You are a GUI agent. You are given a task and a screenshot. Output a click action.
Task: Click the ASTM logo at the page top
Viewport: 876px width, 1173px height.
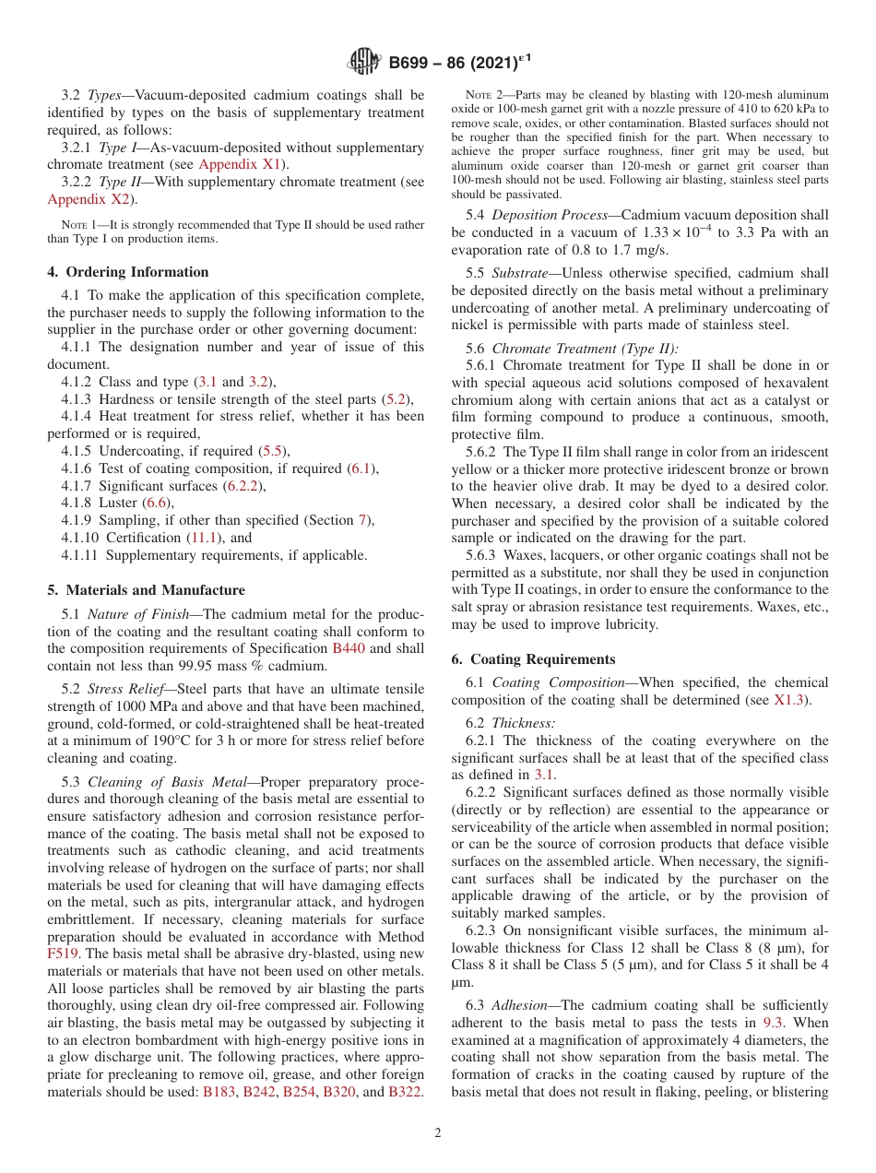click(363, 63)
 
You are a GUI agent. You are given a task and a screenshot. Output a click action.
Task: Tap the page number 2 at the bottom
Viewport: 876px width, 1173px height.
click(438, 1133)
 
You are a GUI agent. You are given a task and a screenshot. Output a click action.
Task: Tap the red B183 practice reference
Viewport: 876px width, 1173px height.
click(218, 1092)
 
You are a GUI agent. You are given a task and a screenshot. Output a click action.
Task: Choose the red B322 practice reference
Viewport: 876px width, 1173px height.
click(405, 1092)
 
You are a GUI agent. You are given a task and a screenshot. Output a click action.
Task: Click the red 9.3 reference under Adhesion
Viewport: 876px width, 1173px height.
click(773, 1023)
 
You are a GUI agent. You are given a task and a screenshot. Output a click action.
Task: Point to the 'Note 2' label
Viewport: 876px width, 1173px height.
click(482, 96)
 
